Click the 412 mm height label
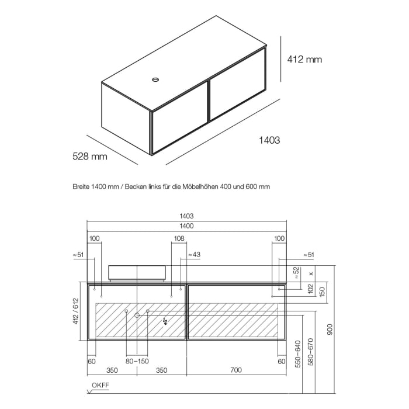[304, 60]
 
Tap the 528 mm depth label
[90, 156]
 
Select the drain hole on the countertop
[155, 79]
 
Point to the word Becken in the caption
[136, 187]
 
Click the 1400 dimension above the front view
[187, 226]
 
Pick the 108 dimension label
[179, 238]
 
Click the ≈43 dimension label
[194, 255]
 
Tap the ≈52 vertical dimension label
[297, 273]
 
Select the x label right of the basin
[311, 273]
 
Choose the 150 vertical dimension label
[322, 292]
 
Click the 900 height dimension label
[330, 330]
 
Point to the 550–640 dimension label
[298, 354]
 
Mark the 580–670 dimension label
[311, 352]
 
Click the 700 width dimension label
[236, 370]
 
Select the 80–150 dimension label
[137, 361]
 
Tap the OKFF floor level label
[100, 385]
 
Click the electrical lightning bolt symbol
[165, 322]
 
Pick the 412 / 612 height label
[75, 311]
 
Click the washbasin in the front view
[137, 273]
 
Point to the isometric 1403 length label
[269, 140]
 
